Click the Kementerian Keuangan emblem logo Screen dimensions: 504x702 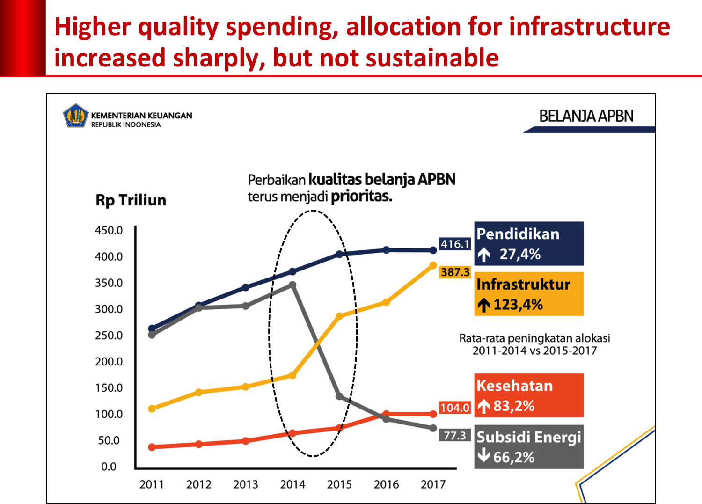[x=76, y=116]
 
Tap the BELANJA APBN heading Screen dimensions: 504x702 [x=586, y=116]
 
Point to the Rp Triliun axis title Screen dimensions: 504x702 [x=131, y=200]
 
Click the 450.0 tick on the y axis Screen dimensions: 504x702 [x=109, y=230]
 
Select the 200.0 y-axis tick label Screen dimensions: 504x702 [x=109, y=361]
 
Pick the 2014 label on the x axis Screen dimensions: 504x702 [x=292, y=484]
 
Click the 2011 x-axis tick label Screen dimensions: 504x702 [x=152, y=484]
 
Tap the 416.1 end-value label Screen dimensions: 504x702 [x=455, y=244]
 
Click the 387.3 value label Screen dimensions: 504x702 [x=455, y=272]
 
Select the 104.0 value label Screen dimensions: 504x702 [x=455, y=408]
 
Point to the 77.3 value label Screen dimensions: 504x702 [x=455, y=436]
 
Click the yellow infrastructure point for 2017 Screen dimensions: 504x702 [x=433, y=265]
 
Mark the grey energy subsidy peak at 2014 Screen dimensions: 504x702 [x=292, y=285]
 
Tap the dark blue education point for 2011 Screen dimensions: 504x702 [x=152, y=329]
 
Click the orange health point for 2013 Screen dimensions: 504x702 [x=246, y=441]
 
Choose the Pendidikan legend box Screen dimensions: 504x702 [x=529, y=243]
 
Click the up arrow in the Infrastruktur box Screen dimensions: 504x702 [x=484, y=306]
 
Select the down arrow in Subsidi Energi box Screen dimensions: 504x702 [x=483, y=455]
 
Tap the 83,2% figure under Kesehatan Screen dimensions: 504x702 [x=514, y=406]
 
